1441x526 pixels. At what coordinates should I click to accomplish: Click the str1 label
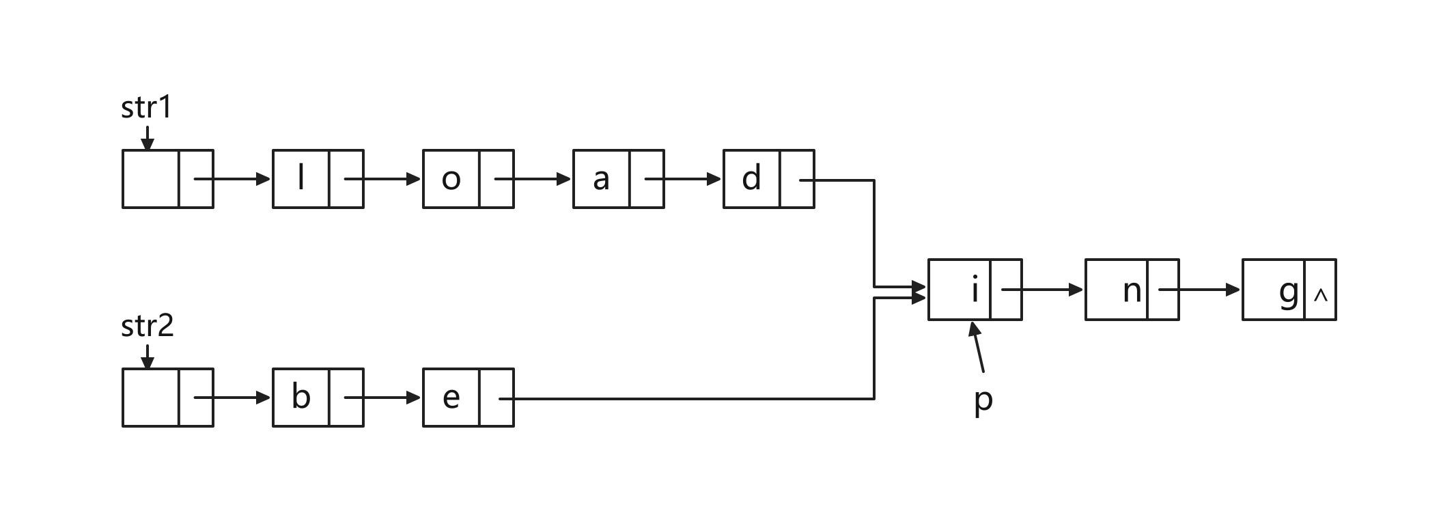(x=146, y=108)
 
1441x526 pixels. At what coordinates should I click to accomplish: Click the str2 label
(x=148, y=326)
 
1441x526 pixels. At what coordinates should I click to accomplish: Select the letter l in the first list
(x=301, y=178)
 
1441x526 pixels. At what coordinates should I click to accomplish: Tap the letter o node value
(x=451, y=180)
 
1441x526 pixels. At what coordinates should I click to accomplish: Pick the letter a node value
(x=601, y=180)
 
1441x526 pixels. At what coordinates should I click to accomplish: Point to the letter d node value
(x=751, y=178)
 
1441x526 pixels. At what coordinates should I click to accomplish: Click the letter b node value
(x=301, y=396)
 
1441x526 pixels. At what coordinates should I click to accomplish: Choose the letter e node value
(x=451, y=398)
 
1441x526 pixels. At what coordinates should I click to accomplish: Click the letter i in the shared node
(x=975, y=289)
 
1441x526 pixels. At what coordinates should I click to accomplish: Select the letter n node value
(x=1132, y=292)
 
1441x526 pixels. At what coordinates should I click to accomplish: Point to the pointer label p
(x=983, y=401)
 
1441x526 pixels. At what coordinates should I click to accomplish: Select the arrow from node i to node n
(x=1042, y=290)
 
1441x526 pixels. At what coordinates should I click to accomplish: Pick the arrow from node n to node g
(x=1199, y=290)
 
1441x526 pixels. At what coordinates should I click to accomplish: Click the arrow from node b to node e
(x=382, y=398)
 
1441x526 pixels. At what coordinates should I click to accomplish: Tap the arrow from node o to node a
(x=533, y=179)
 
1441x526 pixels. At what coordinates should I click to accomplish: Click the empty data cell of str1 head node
(x=151, y=179)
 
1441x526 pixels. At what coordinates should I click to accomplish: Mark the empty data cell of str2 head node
(x=151, y=398)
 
